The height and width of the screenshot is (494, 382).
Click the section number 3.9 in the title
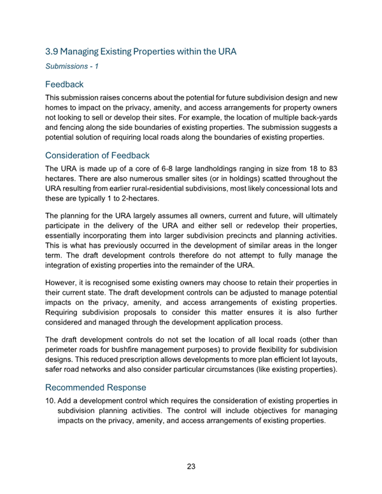click(53, 50)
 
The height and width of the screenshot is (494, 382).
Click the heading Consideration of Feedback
click(97, 155)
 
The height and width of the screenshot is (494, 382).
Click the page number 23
click(191, 467)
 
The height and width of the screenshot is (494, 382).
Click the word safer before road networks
click(55, 370)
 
